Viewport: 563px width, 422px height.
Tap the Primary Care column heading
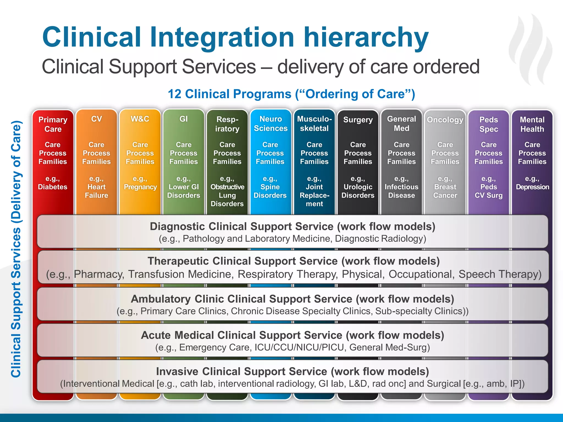[53, 124]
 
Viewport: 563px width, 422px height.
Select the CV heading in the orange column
[96, 119]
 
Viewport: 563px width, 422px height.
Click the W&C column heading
[140, 119]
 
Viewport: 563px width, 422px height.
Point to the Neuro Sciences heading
[271, 124]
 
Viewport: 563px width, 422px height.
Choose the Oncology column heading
[445, 120]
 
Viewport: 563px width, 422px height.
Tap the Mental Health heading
[532, 124]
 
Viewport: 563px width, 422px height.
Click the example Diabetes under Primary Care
[53, 187]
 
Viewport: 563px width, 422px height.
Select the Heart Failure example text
[96, 191]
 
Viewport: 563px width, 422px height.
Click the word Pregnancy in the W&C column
[140, 187]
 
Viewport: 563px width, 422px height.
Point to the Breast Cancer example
[445, 191]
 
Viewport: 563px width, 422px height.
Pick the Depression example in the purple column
[532, 187]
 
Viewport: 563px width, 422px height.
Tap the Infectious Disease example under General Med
[401, 191]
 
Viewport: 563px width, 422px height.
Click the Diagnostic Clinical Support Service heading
[292, 226]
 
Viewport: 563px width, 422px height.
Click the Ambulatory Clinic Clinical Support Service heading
[292, 299]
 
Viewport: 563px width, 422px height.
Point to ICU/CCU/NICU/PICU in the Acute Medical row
[299, 348]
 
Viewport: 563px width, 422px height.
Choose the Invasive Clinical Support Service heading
[292, 371]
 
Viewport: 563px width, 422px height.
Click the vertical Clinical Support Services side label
[16, 249]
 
